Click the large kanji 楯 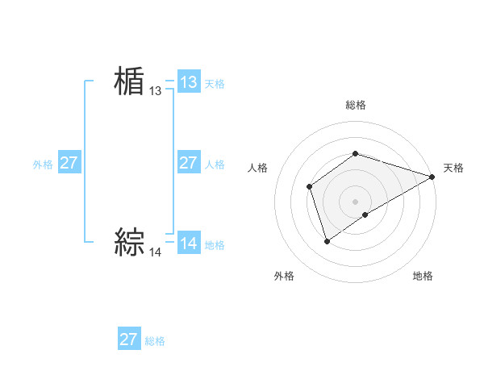click(x=129, y=82)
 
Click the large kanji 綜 click(x=129, y=242)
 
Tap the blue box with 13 click(x=189, y=82)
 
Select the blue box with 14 click(x=189, y=244)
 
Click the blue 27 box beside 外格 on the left click(x=69, y=163)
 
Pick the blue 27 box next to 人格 click(x=189, y=163)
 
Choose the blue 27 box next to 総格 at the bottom click(x=129, y=339)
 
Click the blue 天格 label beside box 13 click(x=215, y=84)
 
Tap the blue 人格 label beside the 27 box click(x=215, y=165)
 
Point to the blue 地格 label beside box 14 click(x=215, y=245)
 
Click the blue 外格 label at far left click(x=43, y=165)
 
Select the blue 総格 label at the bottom click(x=155, y=341)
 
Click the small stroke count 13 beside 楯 click(x=156, y=92)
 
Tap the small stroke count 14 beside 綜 click(x=156, y=252)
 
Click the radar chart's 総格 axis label click(x=355, y=106)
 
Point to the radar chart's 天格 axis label click(x=453, y=168)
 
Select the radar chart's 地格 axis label click(x=423, y=277)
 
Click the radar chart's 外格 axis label click(x=284, y=277)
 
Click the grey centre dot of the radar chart click(x=355, y=202)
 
